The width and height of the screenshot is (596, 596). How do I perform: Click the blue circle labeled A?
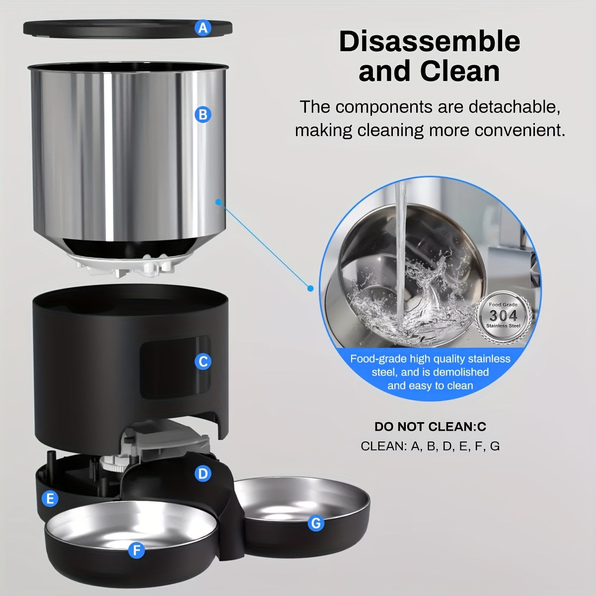(x=203, y=28)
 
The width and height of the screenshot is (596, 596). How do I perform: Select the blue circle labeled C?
(x=203, y=362)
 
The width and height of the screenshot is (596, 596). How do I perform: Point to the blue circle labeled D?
(x=202, y=474)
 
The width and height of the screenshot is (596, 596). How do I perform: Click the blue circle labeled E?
(x=50, y=499)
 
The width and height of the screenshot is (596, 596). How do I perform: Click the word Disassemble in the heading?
(x=429, y=42)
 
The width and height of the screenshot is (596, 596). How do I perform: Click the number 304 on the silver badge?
(x=503, y=315)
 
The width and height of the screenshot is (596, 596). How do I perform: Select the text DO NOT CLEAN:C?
(x=430, y=427)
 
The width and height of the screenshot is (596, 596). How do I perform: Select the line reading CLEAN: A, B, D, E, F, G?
(x=430, y=446)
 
